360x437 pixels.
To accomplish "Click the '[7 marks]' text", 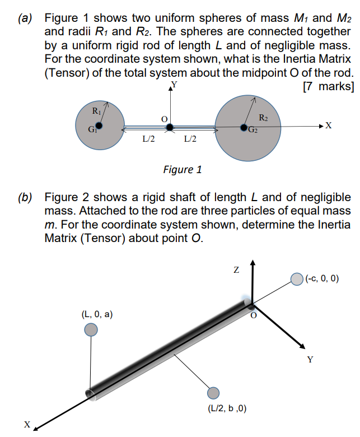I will [x=328, y=86].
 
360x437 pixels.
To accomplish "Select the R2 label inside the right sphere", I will [x=264, y=118].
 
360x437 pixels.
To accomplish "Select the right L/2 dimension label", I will [x=190, y=138].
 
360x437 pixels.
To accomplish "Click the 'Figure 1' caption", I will [x=181, y=169].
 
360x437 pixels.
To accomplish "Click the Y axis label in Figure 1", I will [x=174, y=85].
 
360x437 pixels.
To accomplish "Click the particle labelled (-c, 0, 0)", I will [x=297, y=278].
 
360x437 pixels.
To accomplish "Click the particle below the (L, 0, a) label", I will [x=90, y=330].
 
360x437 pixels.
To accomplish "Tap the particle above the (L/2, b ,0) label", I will [x=213, y=393].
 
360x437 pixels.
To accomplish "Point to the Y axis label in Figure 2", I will [x=310, y=360].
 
